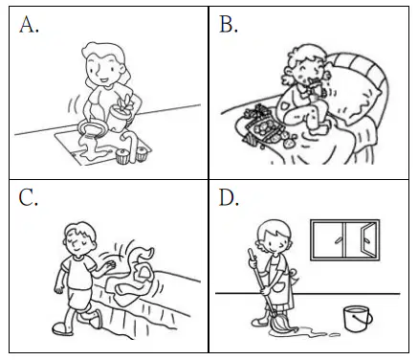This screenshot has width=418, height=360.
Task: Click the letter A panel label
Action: [x=29, y=25]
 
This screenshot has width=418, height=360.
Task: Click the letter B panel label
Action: [x=229, y=24]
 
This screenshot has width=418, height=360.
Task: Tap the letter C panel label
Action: [x=28, y=198]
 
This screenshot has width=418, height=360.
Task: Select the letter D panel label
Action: [x=229, y=198]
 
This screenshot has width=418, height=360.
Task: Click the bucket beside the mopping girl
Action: [x=358, y=319]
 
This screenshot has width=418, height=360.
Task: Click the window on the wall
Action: [x=345, y=240]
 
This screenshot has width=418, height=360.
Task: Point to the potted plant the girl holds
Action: [x=121, y=113]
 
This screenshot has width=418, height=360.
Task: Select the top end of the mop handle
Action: [x=251, y=252]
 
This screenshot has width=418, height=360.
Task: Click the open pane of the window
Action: [x=369, y=239]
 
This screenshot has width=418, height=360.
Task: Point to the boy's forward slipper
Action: [x=96, y=320]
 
